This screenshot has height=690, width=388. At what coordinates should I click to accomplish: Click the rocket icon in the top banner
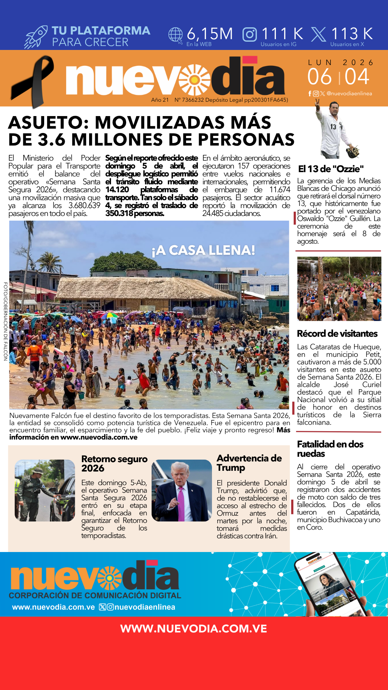click(x=36, y=37)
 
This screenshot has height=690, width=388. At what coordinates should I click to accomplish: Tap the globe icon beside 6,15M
click(x=176, y=35)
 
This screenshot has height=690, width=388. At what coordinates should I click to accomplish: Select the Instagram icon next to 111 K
click(x=250, y=34)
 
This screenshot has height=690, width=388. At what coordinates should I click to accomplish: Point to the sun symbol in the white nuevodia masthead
click(x=194, y=79)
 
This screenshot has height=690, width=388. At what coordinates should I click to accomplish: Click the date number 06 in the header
click(x=319, y=77)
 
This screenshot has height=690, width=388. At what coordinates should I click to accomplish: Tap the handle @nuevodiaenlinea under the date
click(x=349, y=93)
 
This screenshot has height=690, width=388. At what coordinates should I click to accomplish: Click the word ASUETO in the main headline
click(x=46, y=123)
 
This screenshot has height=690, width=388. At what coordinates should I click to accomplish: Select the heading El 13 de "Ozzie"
click(x=331, y=169)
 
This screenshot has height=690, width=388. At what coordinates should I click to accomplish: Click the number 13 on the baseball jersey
click(x=333, y=127)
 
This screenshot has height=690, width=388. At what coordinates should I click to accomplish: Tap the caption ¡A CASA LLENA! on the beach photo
click(x=203, y=250)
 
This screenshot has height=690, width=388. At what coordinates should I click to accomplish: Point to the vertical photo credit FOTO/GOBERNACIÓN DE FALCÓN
click(x=5, y=321)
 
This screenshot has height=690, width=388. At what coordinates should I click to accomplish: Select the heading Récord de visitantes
click(x=337, y=333)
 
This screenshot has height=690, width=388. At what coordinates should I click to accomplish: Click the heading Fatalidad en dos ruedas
click(x=330, y=449)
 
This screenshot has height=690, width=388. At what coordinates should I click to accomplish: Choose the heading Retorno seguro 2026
click(x=114, y=463)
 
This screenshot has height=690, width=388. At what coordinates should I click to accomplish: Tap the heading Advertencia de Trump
click(x=249, y=463)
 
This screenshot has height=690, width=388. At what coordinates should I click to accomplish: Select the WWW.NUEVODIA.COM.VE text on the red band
click(x=194, y=629)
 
